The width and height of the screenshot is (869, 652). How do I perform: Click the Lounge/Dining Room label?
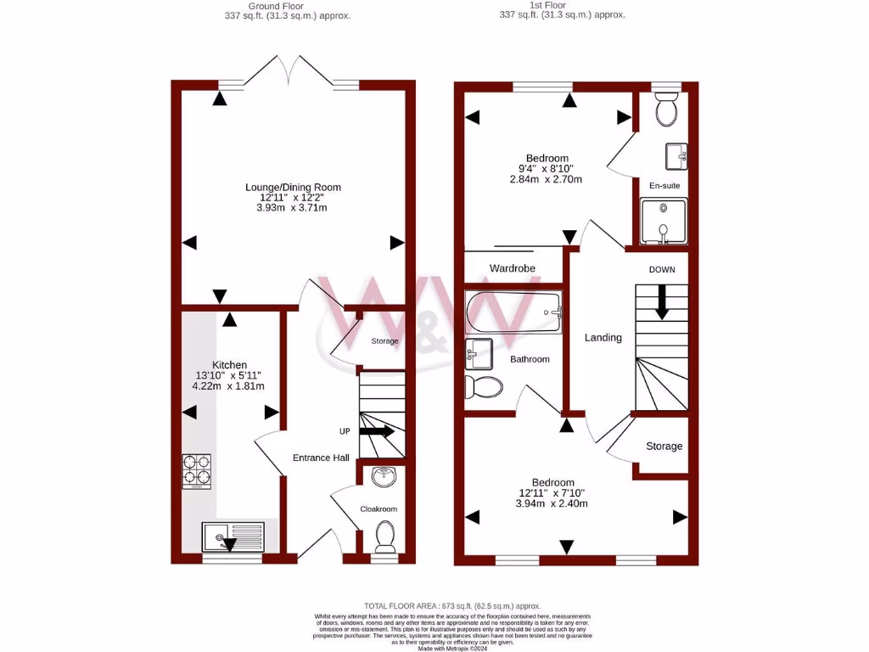pos(293,187)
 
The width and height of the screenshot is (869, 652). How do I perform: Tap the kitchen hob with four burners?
pos(196,472)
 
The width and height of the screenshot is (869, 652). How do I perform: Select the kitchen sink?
pos(233,537)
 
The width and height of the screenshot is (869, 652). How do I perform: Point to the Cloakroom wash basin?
pos(384,477)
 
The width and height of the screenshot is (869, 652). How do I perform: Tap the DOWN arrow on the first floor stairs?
pos(662,301)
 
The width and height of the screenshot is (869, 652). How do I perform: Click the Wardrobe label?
pos(513,268)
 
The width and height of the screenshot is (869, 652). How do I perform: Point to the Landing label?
pos(603,337)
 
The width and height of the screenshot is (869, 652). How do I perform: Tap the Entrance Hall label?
pos(321,458)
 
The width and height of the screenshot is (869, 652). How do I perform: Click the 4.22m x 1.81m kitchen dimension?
pos(228,386)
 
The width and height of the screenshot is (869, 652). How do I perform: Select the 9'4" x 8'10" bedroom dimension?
pos(547,168)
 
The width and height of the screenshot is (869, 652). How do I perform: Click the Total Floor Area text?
pos(434,605)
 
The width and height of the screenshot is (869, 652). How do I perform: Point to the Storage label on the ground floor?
pos(384,341)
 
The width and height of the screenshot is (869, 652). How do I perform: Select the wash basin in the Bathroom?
pos(479,350)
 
